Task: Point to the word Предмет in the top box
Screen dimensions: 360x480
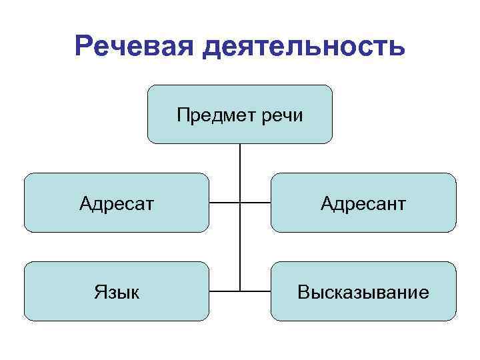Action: pyautogui.click(x=211, y=116)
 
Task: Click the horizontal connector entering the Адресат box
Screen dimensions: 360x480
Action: pyautogui.click(x=224, y=202)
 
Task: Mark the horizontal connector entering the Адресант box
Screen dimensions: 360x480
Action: pyautogui.click(x=255, y=202)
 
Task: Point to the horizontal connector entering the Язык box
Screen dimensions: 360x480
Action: pyautogui.click(x=224, y=291)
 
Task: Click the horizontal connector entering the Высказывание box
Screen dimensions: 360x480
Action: pyautogui.click(x=255, y=291)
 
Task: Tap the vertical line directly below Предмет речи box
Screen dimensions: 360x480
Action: pyautogui.click(x=239, y=172)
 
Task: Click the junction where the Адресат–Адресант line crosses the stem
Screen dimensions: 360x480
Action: pyautogui.click(x=239, y=202)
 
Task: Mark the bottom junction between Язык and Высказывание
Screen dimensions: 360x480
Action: pyautogui.click(x=239, y=291)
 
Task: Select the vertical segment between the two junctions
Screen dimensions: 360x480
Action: pyautogui.click(x=239, y=247)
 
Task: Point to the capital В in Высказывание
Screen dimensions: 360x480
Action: pyautogui.click(x=304, y=292)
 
